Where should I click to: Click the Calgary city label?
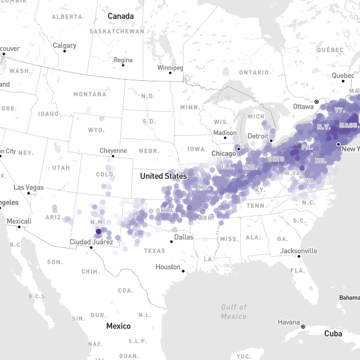point(64,45)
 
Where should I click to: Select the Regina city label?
point(123,60)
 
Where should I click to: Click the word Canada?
point(120,16)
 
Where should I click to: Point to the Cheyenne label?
point(113,150)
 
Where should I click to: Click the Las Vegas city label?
point(29,187)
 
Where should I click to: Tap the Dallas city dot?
point(171,241)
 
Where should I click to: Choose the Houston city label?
point(168,267)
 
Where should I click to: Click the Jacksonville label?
point(299,251)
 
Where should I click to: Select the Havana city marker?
point(303,326)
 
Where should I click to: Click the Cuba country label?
point(333,334)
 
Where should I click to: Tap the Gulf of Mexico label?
point(234,312)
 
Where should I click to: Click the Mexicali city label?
point(18,221)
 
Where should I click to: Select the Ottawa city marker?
point(316,102)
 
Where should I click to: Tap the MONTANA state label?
point(90,94)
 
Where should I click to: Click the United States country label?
point(162,176)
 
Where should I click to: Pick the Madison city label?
point(224,133)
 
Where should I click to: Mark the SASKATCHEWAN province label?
point(117,31)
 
